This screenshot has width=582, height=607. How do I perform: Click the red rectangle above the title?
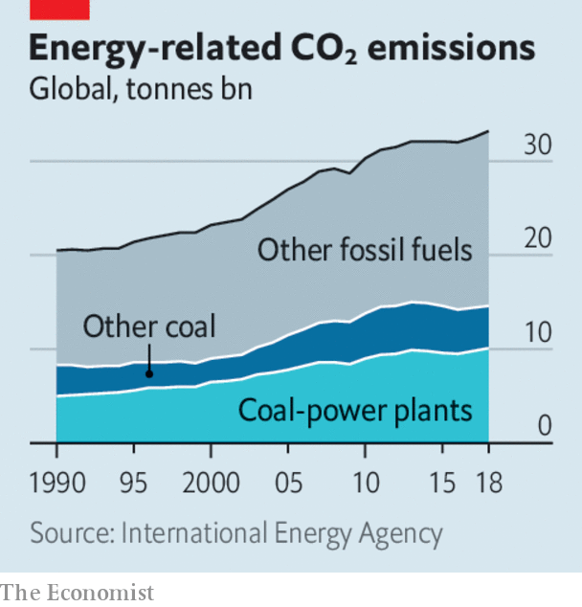point(59,10)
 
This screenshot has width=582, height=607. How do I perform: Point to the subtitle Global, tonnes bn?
point(133,91)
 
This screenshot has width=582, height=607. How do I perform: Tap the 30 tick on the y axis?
point(537,146)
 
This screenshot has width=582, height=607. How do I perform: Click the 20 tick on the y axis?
point(537,240)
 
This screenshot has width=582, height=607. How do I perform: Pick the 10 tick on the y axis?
point(537,334)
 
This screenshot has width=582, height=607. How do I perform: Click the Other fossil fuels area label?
point(365,251)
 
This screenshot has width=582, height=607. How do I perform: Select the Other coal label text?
point(148,326)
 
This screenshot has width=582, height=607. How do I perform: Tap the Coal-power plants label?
point(355,411)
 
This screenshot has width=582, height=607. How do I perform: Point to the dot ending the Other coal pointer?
point(148,373)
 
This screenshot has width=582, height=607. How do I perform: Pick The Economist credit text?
point(77,593)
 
